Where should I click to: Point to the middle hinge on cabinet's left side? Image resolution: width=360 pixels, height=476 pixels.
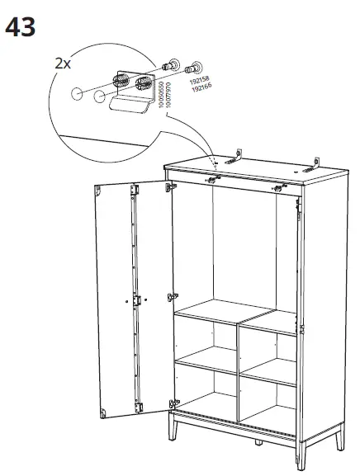coord(173,295)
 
